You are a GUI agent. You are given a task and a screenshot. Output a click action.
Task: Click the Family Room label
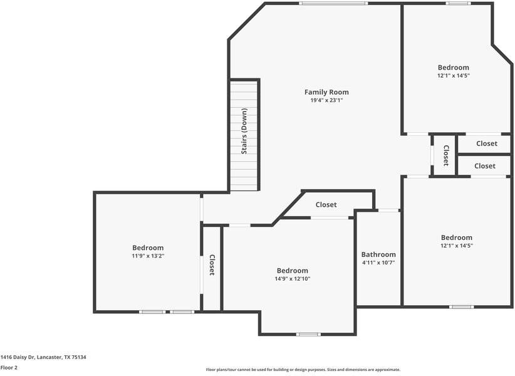click(x=326, y=92)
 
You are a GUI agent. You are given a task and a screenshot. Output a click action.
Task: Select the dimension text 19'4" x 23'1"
click(x=326, y=100)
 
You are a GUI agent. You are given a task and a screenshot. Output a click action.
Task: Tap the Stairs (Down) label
click(x=244, y=131)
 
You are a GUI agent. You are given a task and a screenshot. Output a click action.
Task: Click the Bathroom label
click(x=378, y=254)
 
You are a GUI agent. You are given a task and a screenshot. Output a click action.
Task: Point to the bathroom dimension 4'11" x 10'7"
click(x=378, y=263)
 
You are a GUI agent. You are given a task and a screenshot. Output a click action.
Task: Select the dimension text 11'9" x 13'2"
click(x=148, y=256)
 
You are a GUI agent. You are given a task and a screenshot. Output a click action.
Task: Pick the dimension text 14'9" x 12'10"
click(x=293, y=278)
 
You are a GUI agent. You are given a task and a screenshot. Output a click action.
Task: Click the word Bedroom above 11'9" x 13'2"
click(x=148, y=248)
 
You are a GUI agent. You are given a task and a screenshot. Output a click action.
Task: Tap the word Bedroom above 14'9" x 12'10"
click(x=293, y=270)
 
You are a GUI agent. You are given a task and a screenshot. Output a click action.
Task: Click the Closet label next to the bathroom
click(x=326, y=205)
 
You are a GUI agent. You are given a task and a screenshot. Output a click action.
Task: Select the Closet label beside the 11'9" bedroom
click(x=212, y=265)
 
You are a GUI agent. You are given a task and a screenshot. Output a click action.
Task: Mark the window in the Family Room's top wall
click(x=333, y=4)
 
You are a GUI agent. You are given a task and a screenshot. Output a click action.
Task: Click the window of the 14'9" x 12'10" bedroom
click(x=308, y=334)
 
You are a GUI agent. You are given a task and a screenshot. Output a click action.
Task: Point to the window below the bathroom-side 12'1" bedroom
click(x=461, y=306)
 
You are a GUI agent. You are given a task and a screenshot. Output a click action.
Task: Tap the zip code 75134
click(x=79, y=357)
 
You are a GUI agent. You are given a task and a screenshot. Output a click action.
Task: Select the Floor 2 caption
click(x=9, y=367)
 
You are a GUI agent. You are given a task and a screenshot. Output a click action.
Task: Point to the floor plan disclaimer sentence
click(x=303, y=370)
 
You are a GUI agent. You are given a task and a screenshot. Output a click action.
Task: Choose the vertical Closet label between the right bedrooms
click(x=445, y=155)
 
